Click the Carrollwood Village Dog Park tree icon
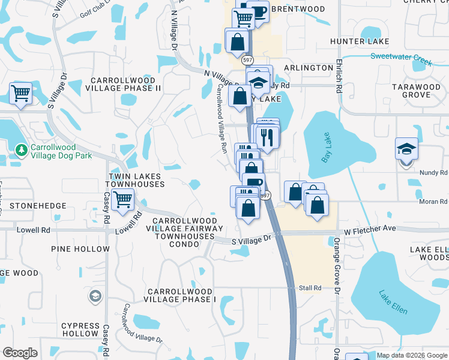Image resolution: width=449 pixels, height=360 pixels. pyautogui.click(x=21, y=149)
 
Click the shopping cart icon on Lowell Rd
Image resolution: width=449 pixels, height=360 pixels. pyautogui.click(x=122, y=199)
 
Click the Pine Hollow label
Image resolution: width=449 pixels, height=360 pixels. pyautogui.click(x=80, y=248)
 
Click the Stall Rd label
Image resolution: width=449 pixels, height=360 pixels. pyautogui.click(x=310, y=288)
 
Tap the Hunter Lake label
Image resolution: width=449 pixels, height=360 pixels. pyautogui.click(x=360, y=41)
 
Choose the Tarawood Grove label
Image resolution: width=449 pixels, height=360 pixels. pyautogui.click(x=416, y=91)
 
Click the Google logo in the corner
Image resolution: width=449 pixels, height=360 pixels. pyautogui.click(x=20, y=353)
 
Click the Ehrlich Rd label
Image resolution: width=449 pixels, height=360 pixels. pyautogui.click(x=339, y=79)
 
